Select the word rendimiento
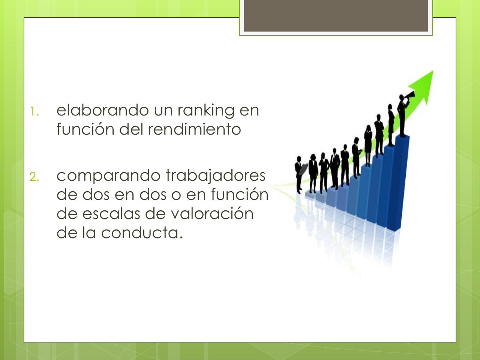tap(194, 129)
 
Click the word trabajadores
tap(215, 175)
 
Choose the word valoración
tap(212, 214)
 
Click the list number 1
tap(33, 111)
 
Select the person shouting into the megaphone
tap(402, 116)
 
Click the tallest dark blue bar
tap(401, 184)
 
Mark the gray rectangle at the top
tap(336, 16)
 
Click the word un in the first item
tap(163, 110)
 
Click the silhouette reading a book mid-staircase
tap(355, 157)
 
